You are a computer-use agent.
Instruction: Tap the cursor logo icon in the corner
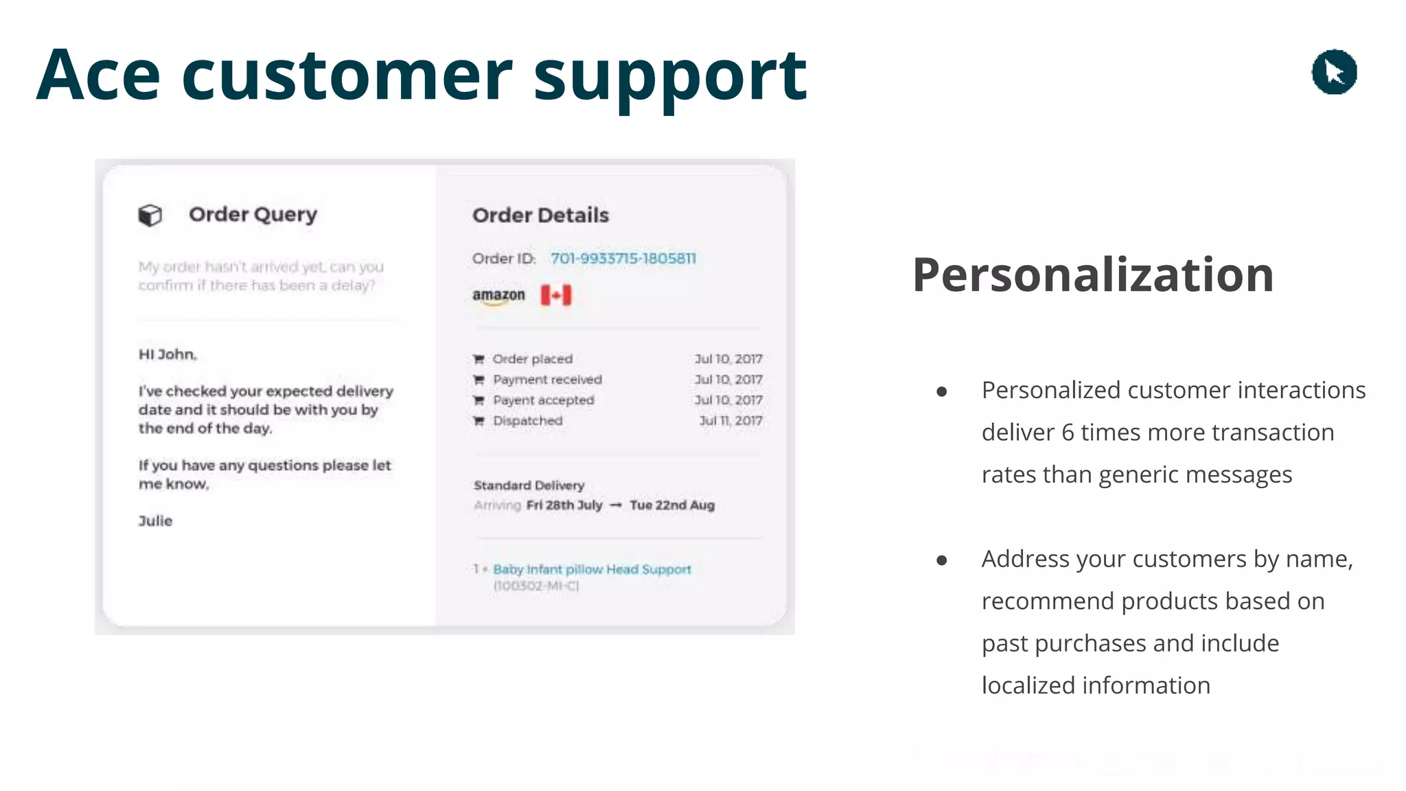pos(1334,72)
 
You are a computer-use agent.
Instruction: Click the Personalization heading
pos(1092,275)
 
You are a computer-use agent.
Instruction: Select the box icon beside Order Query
pos(150,215)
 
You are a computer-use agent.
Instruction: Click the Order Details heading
pos(540,216)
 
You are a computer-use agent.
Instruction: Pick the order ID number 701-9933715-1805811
pos(623,259)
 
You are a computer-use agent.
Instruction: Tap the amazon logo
pos(498,296)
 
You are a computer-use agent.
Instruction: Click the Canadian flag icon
pos(555,295)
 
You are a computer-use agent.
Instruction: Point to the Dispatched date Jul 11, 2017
pos(730,421)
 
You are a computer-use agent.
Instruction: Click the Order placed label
pos(532,359)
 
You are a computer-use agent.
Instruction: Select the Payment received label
pos(547,380)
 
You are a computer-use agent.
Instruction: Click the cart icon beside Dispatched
pos(479,421)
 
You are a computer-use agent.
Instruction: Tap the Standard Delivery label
pos(529,485)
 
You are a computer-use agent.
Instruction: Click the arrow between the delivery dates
pos(616,506)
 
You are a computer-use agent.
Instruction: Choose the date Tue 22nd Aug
pos(672,505)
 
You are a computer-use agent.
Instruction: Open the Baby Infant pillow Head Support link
pos(592,569)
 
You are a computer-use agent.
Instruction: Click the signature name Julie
pos(155,521)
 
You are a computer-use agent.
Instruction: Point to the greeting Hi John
pos(168,354)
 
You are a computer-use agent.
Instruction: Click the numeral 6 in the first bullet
pos(1068,433)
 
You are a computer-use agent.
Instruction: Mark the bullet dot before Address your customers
pos(942,560)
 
